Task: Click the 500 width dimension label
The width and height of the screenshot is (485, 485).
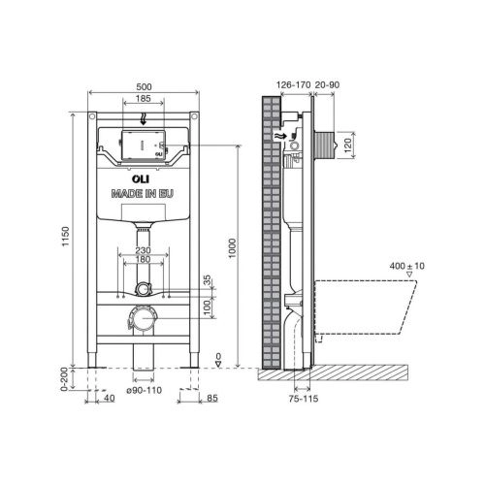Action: (144, 87)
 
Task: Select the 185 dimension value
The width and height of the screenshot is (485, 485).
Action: (144, 98)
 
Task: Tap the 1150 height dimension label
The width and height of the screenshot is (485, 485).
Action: (66, 237)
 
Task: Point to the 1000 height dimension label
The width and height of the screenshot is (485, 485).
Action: (232, 248)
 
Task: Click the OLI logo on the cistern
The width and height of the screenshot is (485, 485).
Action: (141, 178)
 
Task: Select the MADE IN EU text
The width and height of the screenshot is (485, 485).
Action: (143, 193)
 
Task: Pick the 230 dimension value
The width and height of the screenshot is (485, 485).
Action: (143, 250)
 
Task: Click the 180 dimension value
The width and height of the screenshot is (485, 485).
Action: (143, 259)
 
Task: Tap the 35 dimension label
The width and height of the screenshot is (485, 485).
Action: (207, 280)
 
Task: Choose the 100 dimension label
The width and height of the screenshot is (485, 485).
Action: (207, 307)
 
